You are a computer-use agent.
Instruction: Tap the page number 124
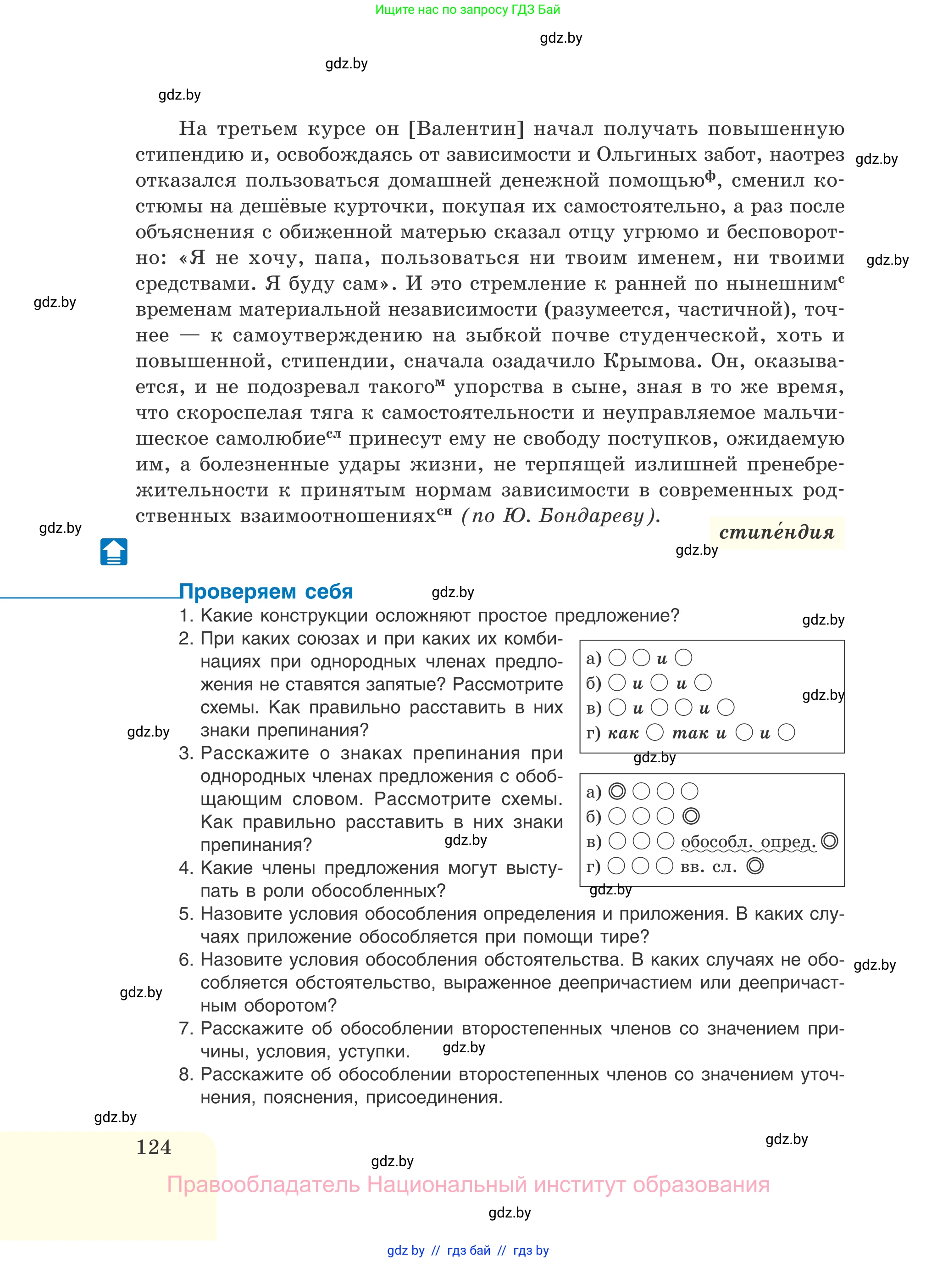pos(153,1147)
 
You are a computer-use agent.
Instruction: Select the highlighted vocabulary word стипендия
pos(776,532)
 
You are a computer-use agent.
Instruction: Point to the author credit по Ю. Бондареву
pos(560,515)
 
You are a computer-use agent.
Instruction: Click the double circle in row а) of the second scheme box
pos(616,791)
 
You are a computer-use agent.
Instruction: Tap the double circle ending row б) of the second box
pos(690,816)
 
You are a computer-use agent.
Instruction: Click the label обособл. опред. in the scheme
pos(748,842)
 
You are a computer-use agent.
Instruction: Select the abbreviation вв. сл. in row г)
pos(709,866)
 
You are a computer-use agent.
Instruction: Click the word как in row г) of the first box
pos(623,733)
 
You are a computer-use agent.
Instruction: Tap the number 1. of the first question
pos(186,616)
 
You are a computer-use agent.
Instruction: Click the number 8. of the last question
pos(186,1074)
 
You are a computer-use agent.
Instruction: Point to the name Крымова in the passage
pos(650,361)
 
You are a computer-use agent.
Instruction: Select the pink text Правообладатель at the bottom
pos(263,1185)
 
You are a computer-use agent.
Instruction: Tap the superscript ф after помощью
pos(710,175)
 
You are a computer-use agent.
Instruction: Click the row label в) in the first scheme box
pos(593,708)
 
